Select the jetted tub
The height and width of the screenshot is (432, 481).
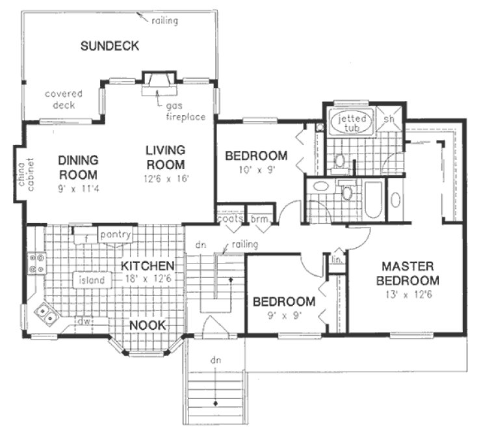[x=351, y=122]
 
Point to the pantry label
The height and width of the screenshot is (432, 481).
[x=115, y=234]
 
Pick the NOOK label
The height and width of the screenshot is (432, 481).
[x=147, y=325]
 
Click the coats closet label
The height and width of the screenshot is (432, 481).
[x=231, y=219]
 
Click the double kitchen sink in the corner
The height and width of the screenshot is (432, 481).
[x=47, y=317]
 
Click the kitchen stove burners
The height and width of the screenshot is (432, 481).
[x=36, y=263]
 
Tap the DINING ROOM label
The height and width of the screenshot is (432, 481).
[x=77, y=167]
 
